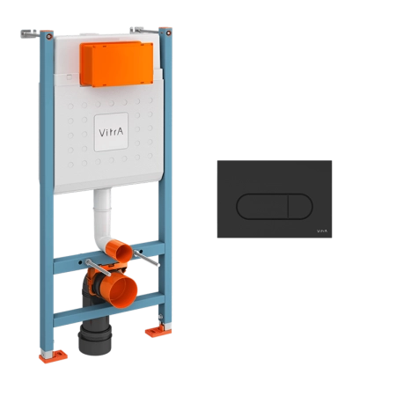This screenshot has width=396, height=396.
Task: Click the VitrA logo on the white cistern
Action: (x=111, y=132)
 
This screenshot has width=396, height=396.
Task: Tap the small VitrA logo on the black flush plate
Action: (x=322, y=231)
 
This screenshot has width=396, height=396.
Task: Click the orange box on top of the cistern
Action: (x=117, y=64)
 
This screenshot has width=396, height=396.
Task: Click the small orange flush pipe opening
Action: (x=121, y=251)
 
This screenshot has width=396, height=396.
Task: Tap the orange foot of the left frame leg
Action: (x=54, y=356)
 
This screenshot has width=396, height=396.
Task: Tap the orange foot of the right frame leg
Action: (x=158, y=331)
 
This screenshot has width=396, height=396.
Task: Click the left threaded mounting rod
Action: (x=99, y=268)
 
